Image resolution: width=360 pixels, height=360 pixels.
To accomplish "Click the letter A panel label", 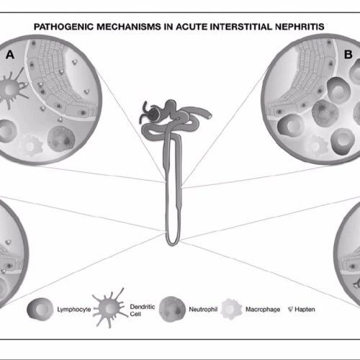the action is tap(10, 55).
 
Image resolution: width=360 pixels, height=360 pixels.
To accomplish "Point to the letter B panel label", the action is tap(348, 55).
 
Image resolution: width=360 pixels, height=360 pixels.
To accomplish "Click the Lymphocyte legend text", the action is tap(74, 310).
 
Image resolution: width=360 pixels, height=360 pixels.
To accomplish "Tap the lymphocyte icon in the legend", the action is tap(40, 309).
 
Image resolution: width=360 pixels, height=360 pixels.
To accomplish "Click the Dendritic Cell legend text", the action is tap(143, 310).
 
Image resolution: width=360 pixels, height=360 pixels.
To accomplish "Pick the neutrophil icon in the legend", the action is tap(172, 309).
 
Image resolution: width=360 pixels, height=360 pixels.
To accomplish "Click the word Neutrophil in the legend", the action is tap(203, 309).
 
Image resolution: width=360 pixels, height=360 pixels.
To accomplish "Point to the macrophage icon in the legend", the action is tap(231, 309).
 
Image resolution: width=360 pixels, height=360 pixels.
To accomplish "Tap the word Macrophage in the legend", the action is tap(263, 310).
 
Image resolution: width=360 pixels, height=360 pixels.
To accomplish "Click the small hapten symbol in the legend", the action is tap(290, 310).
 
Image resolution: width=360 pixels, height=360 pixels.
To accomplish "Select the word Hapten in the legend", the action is tap(305, 310).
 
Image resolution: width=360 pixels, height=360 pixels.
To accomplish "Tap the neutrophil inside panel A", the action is tap(61, 139).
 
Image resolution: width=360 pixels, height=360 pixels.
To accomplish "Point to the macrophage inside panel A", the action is tap(31, 146).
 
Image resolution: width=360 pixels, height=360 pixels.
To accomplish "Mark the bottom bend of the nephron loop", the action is tap(172, 243).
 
